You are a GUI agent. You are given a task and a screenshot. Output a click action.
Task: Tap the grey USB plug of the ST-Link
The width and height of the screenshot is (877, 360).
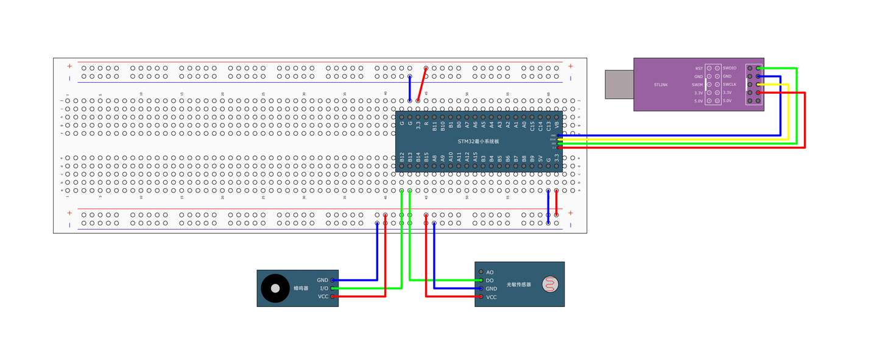[x=619, y=84]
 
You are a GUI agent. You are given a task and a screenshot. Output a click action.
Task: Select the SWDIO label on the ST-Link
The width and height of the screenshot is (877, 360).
[x=730, y=68]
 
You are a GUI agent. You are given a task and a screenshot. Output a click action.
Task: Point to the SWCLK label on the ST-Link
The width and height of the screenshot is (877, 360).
[x=730, y=84]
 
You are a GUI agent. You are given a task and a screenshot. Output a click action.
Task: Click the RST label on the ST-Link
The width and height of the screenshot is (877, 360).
[x=699, y=68]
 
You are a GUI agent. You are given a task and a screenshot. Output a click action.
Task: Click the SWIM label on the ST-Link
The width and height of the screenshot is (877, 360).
[x=698, y=85]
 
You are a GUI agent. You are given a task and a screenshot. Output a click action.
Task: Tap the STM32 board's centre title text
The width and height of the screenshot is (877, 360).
[x=478, y=141]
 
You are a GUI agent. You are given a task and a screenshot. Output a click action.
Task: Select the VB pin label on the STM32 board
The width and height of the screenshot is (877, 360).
[x=557, y=125]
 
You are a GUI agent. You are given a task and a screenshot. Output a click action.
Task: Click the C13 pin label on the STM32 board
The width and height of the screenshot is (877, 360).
[x=548, y=125]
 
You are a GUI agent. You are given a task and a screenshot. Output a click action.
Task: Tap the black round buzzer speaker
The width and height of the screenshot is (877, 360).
[x=275, y=288]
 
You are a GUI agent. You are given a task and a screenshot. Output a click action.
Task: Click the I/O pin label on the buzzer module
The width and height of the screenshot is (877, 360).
[x=324, y=288]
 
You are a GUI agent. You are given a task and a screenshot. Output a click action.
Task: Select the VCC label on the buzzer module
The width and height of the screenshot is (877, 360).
[x=323, y=297]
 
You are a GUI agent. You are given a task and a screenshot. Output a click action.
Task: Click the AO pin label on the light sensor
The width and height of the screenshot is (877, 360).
[x=490, y=272]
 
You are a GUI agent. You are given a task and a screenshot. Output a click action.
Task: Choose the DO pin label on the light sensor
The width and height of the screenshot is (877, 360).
[x=490, y=280]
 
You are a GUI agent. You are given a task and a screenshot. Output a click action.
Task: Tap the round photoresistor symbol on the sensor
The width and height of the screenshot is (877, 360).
[x=552, y=284]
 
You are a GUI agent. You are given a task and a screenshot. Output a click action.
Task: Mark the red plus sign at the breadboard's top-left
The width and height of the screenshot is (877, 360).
[x=69, y=66]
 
